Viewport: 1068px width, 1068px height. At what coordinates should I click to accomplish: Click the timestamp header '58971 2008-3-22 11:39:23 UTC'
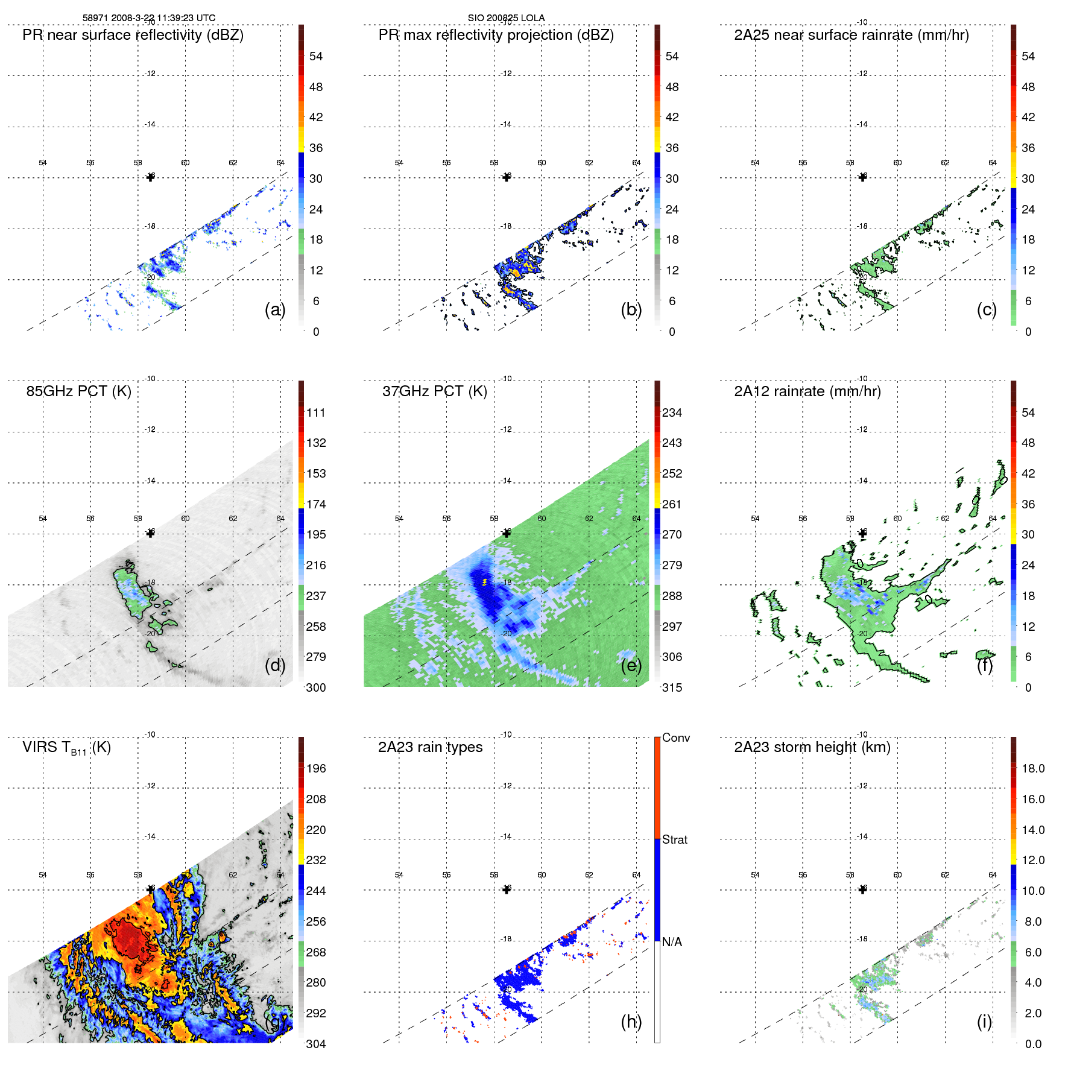(x=148, y=18)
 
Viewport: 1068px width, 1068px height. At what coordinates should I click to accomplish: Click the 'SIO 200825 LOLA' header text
(x=506, y=18)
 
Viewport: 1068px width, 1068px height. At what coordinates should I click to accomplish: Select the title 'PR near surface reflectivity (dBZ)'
(x=133, y=35)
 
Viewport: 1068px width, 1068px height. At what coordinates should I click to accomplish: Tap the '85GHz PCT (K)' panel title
(x=78, y=391)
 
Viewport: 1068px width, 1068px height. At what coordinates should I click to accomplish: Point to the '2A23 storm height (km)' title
(x=812, y=747)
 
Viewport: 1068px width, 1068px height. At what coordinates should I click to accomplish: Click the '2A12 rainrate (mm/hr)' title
(x=807, y=391)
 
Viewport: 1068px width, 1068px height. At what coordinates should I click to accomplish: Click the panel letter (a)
(x=274, y=310)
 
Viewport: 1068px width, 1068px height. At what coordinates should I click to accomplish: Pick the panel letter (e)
(x=631, y=666)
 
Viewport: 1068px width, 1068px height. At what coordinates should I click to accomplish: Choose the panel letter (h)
(x=631, y=1022)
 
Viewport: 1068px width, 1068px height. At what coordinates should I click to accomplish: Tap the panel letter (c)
(x=987, y=310)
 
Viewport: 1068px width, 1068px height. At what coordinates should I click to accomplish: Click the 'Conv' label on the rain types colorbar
(x=675, y=738)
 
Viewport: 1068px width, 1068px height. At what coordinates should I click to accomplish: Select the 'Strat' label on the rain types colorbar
(x=674, y=839)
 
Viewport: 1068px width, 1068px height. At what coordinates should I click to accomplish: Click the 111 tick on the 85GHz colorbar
(x=315, y=412)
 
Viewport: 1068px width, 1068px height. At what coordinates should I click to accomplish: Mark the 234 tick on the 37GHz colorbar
(x=672, y=412)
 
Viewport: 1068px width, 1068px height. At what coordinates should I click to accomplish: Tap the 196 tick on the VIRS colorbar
(x=315, y=768)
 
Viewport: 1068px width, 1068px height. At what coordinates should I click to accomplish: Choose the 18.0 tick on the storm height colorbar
(x=1032, y=768)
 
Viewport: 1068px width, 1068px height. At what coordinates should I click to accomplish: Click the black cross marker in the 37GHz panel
(x=507, y=533)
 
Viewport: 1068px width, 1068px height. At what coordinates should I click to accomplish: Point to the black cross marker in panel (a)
(x=150, y=177)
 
